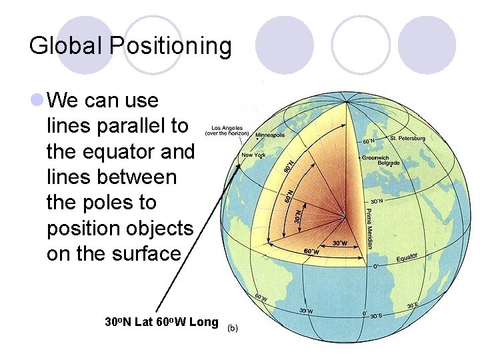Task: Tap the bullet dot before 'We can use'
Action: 37,101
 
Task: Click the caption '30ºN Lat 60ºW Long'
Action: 162,322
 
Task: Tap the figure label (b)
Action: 233,328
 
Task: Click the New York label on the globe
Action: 253,155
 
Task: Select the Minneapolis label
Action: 270,135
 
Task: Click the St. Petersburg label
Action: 407,138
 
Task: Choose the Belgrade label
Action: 388,163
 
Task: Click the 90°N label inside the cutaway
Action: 289,166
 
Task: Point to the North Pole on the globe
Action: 346,107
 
